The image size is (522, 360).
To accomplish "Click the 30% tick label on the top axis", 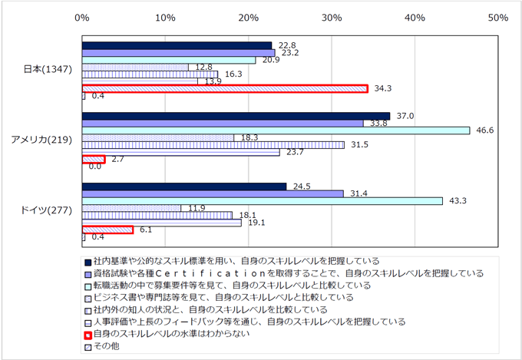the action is (x=332, y=18).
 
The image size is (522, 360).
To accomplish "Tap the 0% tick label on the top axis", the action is (x=82, y=18).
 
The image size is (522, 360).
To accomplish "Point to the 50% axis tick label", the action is (x=498, y=18).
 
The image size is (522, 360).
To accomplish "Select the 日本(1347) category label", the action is (x=48, y=69).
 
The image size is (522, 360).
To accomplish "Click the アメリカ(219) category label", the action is (x=41, y=140).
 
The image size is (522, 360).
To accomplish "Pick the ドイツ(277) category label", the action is (x=46, y=210).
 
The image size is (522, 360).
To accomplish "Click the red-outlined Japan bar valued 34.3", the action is (x=225, y=88).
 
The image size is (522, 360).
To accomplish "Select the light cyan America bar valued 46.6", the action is (x=276, y=130).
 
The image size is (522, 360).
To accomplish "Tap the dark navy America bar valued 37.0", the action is (x=236, y=116).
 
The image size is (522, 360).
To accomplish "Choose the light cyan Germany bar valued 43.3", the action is (x=263, y=201).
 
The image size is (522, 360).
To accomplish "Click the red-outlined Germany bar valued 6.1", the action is (x=107, y=230).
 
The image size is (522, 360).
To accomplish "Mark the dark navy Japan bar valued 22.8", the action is (x=177, y=45).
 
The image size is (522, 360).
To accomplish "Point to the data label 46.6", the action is (x=484, y=130).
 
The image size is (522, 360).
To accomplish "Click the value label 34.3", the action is (x=383, y=88).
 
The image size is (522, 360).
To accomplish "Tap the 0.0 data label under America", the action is (x=95, y=166).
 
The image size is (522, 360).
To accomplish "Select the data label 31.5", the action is (x=359, y=144).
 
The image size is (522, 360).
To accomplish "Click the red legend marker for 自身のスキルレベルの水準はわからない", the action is (x=88, y=335).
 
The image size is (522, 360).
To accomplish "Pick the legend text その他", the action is (x=107, y=346).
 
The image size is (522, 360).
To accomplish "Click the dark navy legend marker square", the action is (x=88, y=263).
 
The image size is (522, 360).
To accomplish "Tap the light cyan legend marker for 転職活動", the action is (x=88, y=286).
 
